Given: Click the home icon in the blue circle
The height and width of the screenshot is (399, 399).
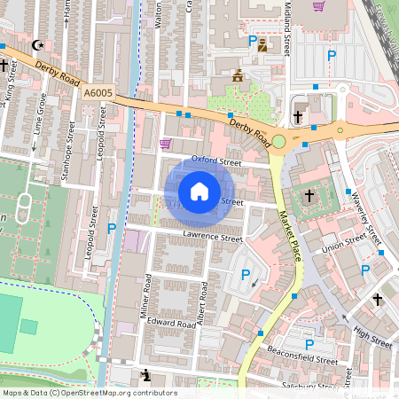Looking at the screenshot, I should pos(199,192).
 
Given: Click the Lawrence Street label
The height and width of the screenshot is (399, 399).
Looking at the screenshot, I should pos(213,238).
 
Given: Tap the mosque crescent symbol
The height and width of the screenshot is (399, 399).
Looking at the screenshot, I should pos(36,44).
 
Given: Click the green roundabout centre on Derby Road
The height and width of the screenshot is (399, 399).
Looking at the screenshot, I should pos(278,141).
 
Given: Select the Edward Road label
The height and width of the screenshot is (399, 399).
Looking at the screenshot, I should pos(171,325).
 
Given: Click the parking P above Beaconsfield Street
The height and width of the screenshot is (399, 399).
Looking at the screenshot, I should pos(309,345).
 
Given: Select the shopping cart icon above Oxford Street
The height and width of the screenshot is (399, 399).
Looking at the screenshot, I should pos(165,143).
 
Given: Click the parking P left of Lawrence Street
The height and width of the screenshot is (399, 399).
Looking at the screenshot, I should pos(112,229).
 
